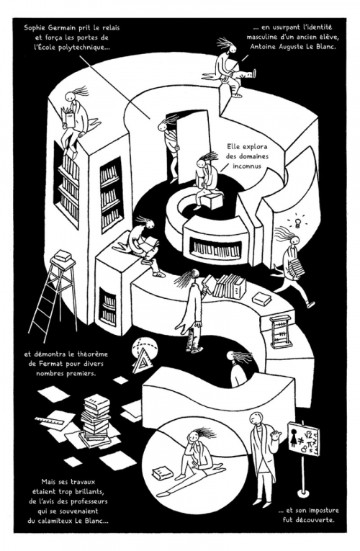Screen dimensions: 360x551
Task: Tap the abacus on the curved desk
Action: [x=281, y=331]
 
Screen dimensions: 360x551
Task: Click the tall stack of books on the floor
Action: [x=95, y=419]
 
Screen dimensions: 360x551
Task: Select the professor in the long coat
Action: [x=264, y=457]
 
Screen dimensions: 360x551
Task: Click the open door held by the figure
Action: [x=193, y=148]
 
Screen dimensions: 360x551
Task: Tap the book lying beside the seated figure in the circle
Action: [x=162, y=472]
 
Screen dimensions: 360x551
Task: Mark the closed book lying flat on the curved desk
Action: [x=261, y=299]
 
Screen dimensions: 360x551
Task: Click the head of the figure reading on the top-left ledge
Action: [x=71, y=96]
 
